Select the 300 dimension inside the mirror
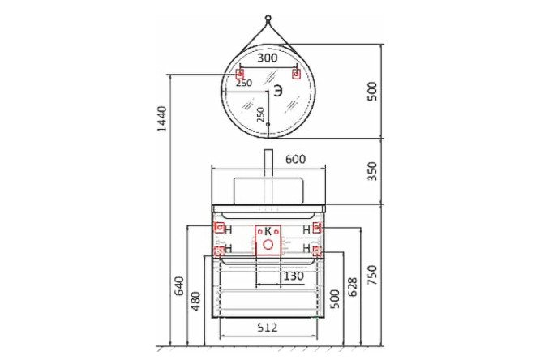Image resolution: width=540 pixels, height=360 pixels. (267, 58)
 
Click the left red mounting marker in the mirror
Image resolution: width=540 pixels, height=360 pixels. (240, 75)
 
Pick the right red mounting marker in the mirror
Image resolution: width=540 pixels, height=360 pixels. (296, 75)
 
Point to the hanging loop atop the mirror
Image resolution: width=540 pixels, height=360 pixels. (268, 19)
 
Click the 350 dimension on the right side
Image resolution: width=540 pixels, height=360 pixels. (372, 171)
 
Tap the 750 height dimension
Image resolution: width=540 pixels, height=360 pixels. (372, 275)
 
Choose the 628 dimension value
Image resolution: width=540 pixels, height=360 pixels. (353, 286)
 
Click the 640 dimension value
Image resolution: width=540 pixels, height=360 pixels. (179, 286)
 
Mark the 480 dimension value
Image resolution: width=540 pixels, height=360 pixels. (195, 302)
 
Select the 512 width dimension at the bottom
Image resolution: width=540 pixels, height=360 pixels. (268, 328)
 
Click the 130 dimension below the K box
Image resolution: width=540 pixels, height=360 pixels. (294, 276)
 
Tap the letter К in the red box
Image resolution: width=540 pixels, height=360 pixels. (268, 230)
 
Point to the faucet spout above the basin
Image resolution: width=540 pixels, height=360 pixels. (268, 162)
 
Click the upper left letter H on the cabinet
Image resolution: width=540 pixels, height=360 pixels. (229, 230)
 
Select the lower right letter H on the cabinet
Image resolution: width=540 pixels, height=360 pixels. (306, 249)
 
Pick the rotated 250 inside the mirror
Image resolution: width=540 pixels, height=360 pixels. (260, 114)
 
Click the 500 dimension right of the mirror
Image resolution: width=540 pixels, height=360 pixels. (372, 91)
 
